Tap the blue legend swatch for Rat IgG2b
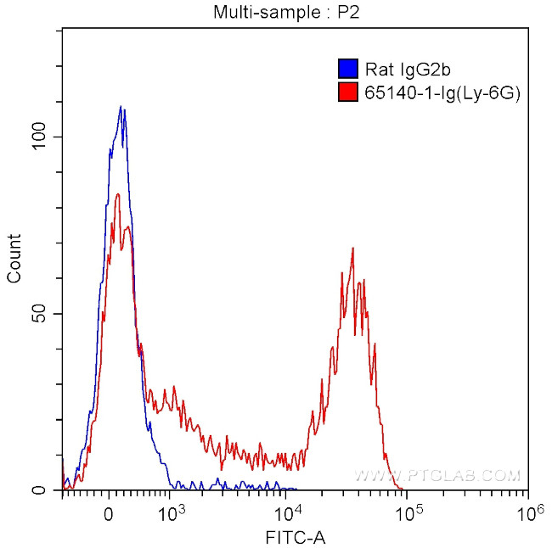click(346, 68)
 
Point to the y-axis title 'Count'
click(14, 259)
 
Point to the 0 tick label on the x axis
click(108, 514)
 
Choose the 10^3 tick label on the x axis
click(172, 513)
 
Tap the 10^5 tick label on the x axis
click(409, 513)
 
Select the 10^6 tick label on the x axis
click(529, 513)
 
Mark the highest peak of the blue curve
click(121, 107)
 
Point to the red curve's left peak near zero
click(117, 194)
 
